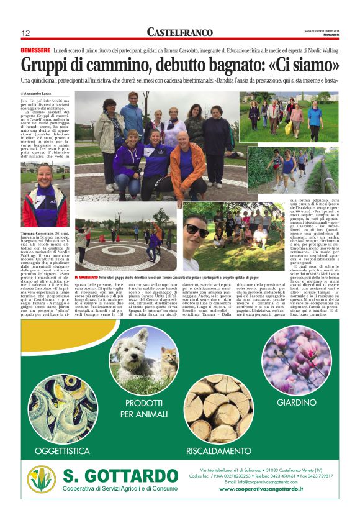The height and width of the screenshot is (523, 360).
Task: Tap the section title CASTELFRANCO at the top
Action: (x=179, y=32)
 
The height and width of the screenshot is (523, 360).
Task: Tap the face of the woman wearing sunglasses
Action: (x=198, y=233)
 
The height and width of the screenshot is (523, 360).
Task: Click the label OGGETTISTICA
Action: (x=62, y=450)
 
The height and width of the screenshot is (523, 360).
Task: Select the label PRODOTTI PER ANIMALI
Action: (x=145, y=409)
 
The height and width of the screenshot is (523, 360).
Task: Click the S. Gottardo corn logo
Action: (x=41, y=479)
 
